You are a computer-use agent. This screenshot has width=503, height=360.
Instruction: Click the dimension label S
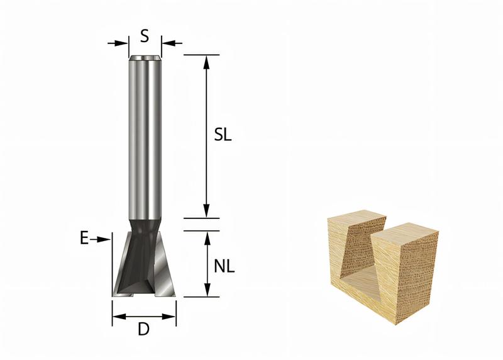[x=145, y=37]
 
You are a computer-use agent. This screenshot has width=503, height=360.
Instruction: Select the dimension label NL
[x=224, y=266]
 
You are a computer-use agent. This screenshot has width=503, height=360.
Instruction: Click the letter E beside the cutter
[x=84, y=239]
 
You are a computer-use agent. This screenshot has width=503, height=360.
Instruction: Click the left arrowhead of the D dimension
[x=117, y=317]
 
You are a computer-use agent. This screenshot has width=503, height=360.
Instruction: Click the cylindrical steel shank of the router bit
[x=145, y=138]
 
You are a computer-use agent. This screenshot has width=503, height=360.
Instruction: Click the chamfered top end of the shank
[x=145, y=59]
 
